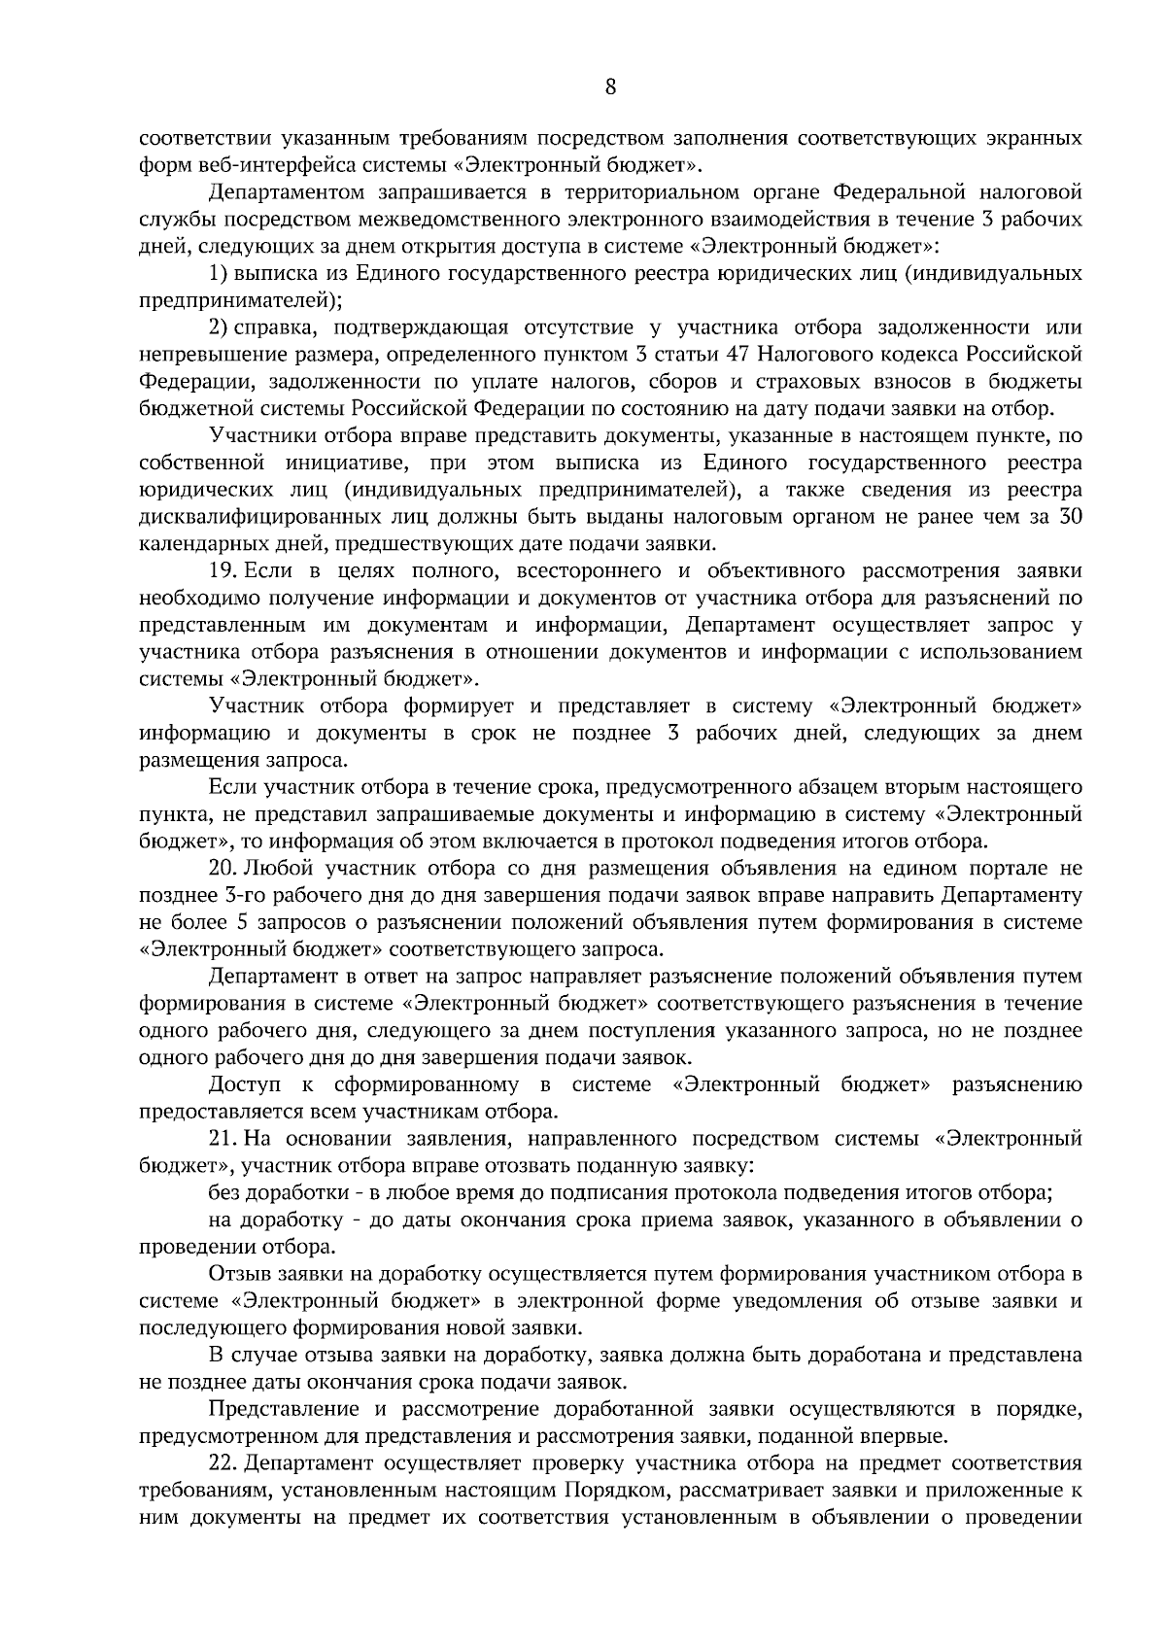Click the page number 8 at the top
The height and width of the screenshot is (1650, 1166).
(610, 87)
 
